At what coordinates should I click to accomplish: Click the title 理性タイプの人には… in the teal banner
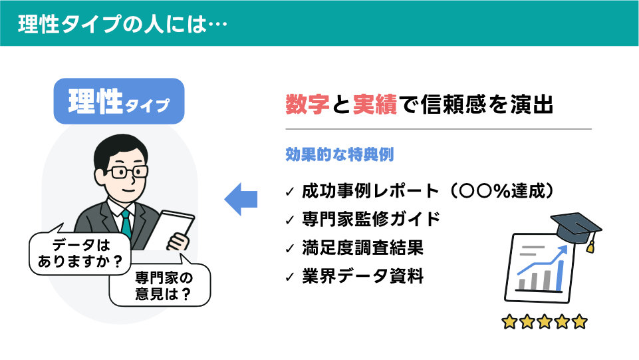click(x=122, y=24)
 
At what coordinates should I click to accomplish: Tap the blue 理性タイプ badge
click(x=119, y=101)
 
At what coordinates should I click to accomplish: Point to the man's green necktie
click(x=127, y=224)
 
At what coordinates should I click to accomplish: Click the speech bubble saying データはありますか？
click(x=80, y=253)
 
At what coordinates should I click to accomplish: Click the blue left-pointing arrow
click(x=241, y=200)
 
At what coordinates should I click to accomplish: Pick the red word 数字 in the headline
click(x=307, y=104)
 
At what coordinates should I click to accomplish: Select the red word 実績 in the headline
click(x=375, y=104)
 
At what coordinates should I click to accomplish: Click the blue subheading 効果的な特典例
click(x=340, y=154)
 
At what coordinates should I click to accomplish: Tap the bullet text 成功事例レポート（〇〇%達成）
click(x=428, y=191)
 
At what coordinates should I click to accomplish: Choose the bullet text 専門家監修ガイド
click(x=371, y=220)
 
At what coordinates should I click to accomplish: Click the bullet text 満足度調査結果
click(x=362, y=248)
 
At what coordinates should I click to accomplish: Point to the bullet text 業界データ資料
click(x=362, y=276)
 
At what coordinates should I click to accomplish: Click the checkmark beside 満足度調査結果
click(x=290, y=248)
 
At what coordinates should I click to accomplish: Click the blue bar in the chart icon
click(x=560, y=275)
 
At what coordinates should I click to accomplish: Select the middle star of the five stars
click(x=545, y=321)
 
